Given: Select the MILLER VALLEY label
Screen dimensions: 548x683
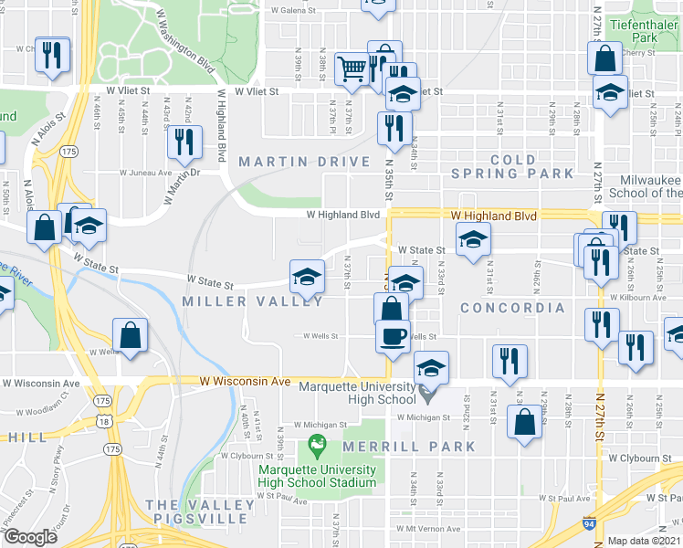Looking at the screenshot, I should click(253, 301).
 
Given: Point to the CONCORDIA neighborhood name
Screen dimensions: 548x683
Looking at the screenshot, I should click(512, 308).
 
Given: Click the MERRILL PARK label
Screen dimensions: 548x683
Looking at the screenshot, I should click(409, 447).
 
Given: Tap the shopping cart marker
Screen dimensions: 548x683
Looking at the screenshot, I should click(352, 69).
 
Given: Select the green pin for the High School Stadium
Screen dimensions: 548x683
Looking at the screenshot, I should click(318, 446).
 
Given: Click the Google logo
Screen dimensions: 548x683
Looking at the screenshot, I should click(30, 537).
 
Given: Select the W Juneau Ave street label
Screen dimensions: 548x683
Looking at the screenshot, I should click(145, 172).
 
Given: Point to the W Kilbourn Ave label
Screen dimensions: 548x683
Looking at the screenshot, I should click(645, 298).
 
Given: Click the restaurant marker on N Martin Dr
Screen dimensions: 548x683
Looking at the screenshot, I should click(185, 142).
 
